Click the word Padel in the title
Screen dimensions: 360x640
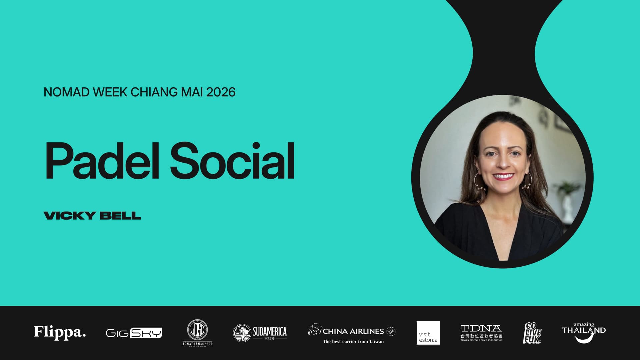102,161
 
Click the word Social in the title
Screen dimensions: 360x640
233,161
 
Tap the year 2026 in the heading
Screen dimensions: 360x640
221,92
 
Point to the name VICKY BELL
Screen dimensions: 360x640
92,216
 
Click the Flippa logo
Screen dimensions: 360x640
60,332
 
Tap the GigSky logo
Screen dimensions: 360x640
134,333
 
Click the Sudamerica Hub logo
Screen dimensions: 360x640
260,333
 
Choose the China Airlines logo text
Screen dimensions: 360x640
353,331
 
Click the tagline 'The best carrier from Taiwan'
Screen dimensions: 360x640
353,342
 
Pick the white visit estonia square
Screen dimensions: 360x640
428,333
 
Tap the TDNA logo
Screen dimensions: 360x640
481,332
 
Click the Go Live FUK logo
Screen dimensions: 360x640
532,333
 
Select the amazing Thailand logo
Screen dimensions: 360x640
584,332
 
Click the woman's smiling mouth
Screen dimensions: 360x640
503,176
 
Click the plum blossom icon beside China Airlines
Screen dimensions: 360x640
315,329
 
